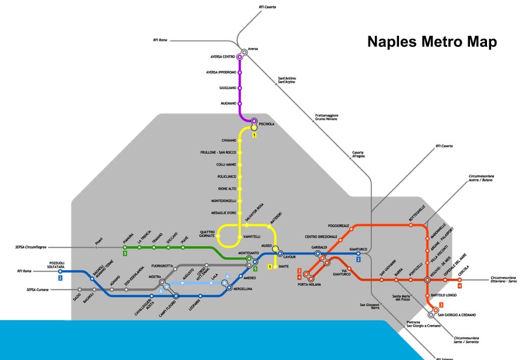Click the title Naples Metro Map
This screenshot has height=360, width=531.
[x=432, y=42]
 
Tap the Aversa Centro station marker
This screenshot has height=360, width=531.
[x=239, y=57]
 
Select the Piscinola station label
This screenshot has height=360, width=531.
[x=266, y=124]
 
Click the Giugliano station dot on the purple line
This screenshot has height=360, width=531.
[x=239, y=88]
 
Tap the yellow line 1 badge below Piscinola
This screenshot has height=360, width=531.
[x=254, y=135]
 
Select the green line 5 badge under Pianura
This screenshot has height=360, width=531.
[x=125, y=254]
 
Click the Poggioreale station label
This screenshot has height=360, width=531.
[x=339, y=226]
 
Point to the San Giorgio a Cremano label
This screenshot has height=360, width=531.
[x=459, y=315]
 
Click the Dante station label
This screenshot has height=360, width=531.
[x=283, y=267]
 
